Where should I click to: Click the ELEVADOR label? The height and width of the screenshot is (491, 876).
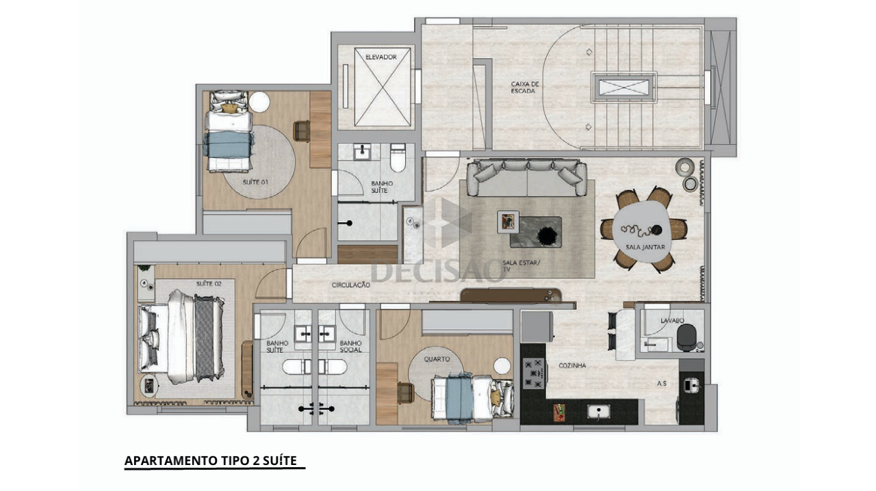click(x=381, y=57)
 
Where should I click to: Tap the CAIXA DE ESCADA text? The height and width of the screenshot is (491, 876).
click(x=525, y=88)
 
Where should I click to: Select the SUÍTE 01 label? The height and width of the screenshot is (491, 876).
click(x=255, y=182)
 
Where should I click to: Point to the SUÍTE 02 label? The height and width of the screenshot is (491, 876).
click(x=209, y=284)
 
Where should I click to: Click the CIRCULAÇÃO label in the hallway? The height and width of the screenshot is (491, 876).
click(x=351, y=285)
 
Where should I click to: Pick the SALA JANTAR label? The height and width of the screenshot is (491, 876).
click(x=645, y=247)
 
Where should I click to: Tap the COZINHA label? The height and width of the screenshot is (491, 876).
click(x=572, y=366)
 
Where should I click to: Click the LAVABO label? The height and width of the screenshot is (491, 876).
click(x=672, y=321)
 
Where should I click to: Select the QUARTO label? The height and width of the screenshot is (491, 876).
click(x=437, y=359)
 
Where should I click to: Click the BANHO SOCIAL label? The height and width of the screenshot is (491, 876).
click(x=351, y=346)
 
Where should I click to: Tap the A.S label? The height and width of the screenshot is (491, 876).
click(x=662, y=384)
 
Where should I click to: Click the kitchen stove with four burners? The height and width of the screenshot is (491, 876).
click(x=534, y=373)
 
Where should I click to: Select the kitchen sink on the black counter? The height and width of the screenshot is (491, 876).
click(x=598, y=411)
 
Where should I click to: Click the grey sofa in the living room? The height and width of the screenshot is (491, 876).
click(x=527, y=178)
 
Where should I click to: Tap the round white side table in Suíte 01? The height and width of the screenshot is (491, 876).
click(x=259, y=102)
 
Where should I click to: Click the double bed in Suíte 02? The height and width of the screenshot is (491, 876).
click(x=181, y=336)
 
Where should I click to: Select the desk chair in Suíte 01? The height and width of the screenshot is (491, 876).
click(x=302, y=131)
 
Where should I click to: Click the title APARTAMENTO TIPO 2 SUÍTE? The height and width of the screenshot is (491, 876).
click(x=211, y=460)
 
